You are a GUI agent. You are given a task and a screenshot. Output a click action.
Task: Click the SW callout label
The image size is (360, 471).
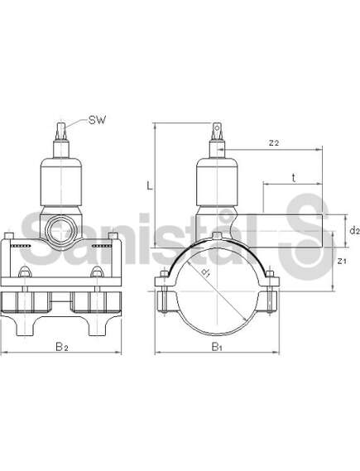tap(97, 120)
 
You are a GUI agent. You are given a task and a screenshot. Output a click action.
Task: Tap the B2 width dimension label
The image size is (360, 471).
tap(62, 347)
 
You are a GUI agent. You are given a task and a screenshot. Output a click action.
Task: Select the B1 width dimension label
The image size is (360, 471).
tap(217, 347)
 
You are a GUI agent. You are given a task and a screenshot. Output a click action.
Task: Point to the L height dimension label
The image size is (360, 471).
tap(150, 186)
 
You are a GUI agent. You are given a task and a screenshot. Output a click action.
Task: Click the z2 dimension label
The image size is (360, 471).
tap(274, 142)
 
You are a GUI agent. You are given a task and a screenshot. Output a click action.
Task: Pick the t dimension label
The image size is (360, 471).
tap(294, 178)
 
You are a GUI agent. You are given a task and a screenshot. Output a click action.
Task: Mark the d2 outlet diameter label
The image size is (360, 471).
tap(354, 230)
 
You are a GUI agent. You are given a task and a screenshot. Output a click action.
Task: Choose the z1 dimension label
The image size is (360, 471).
tap(342, 261)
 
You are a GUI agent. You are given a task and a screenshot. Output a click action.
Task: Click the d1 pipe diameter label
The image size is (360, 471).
tap(206, 272)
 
